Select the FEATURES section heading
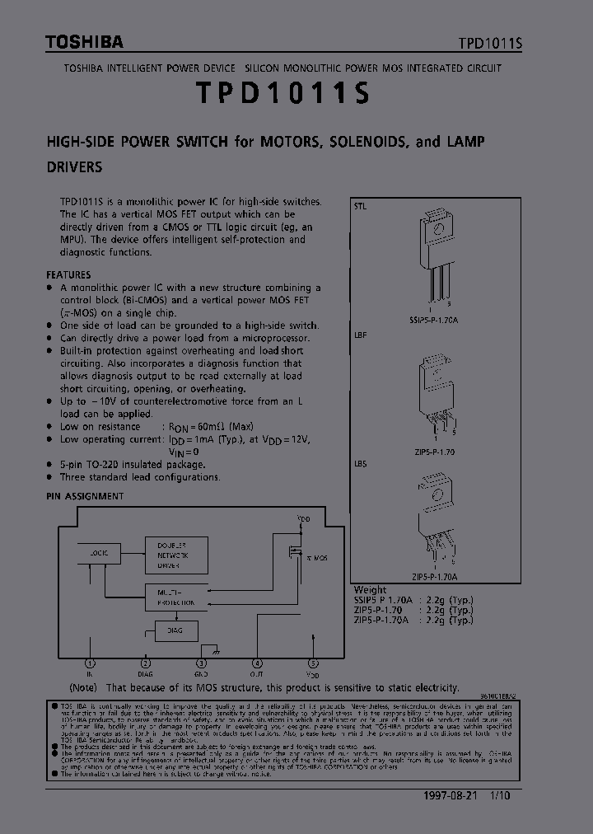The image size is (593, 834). click(68, 274)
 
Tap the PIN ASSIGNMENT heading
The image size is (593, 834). click(85, 496)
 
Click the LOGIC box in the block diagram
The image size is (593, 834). click(99, 554)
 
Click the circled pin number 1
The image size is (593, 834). click(90, 663)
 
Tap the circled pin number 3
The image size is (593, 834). click(201, 663)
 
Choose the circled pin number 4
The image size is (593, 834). click(257, 663)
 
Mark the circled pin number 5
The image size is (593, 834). click(313, 663)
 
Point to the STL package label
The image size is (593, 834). click(361, 206)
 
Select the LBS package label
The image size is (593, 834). click(361, 464)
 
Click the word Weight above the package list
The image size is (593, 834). click(370, 590)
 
